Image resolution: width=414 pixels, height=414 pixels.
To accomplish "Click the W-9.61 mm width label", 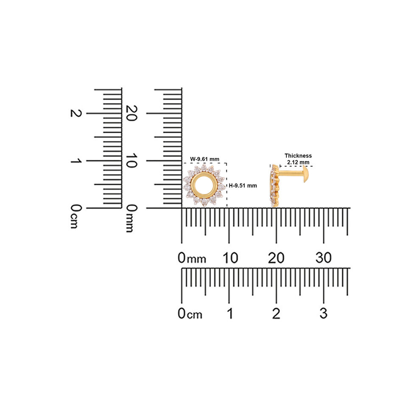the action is tap(204, 159).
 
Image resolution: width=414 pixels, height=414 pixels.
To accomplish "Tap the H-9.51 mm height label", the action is tap(243, 186).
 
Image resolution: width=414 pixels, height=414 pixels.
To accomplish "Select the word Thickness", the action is tap(298, 156).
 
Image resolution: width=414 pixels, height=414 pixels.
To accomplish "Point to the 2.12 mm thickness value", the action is tap(298, 162).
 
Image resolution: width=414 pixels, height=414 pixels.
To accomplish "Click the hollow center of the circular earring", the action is tap(204, 185).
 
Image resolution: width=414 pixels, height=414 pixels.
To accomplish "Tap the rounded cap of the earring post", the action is tap(305, 174).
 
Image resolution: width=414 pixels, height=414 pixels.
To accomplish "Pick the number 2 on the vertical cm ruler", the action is tap(76, 113).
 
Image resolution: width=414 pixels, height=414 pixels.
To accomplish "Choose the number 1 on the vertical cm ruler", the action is tap(76, 160).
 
